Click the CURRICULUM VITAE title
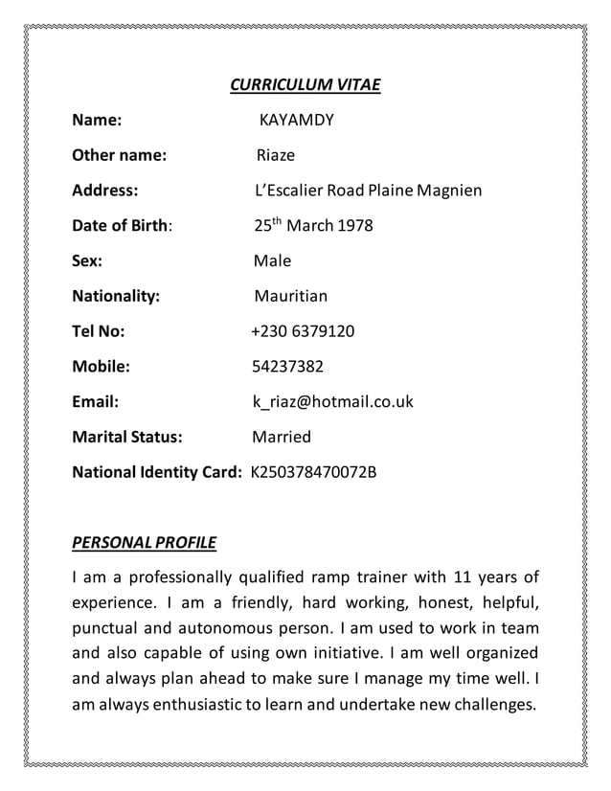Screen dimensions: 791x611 pos(305,86)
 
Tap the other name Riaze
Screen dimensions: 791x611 pos(276,155)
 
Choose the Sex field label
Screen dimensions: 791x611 pos(88,261)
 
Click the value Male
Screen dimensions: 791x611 pos(272,261)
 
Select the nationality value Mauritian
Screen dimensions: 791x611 pos(290,297)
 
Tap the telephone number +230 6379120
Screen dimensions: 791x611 pos(303,331)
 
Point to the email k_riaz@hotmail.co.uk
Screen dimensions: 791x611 pos(333,402)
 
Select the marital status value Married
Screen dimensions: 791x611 pos(282,438)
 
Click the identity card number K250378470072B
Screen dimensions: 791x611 pos(314,472)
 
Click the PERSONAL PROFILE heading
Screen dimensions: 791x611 pos(145,544)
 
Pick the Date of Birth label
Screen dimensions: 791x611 pos(123,226)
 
